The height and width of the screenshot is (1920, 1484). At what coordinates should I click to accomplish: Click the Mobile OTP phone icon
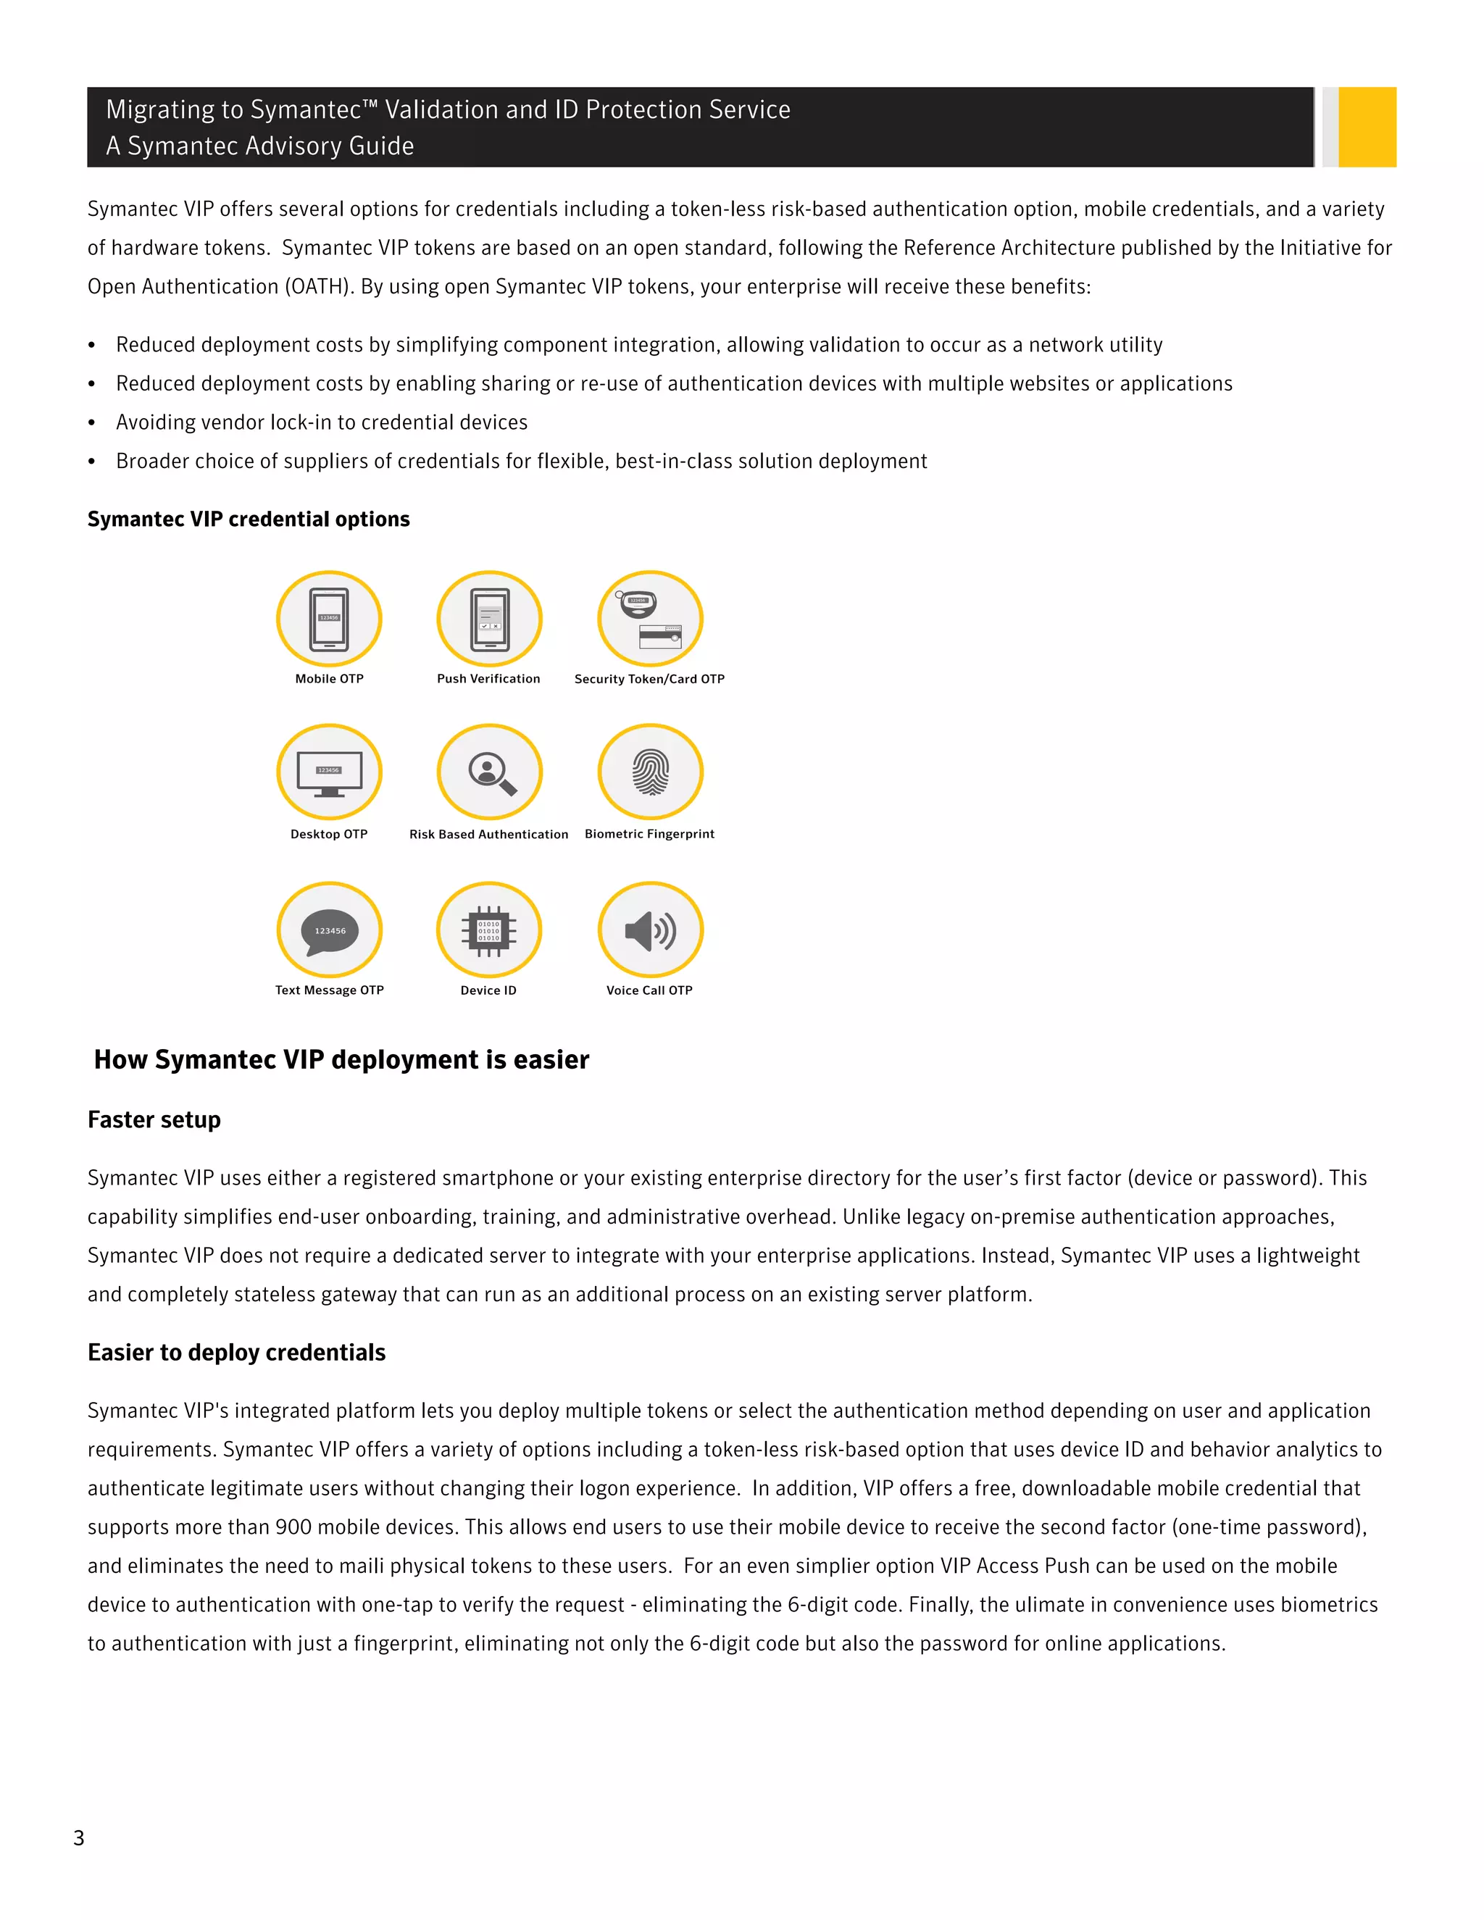(329, 619)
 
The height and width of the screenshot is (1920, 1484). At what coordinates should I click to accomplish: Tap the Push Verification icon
(489, 619)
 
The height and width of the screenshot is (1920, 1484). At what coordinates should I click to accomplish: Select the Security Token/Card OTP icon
(650, 619)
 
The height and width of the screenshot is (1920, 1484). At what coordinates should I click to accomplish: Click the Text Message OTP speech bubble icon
(329, 930)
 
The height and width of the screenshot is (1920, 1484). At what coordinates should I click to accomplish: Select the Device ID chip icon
(489, 930)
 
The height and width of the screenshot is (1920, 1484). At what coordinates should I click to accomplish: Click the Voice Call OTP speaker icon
(650, 930)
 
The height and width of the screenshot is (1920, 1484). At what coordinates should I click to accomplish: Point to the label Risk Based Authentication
(489, 834)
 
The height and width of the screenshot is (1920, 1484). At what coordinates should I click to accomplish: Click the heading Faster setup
(154, 1120)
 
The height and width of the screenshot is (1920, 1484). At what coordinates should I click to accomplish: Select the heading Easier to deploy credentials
(236, 1352)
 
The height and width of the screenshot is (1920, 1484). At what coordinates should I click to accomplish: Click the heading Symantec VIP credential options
(249, 519)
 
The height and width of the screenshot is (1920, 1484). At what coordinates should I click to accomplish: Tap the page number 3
(79, 1838)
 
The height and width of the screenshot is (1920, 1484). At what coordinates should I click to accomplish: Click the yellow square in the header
(1367, 127)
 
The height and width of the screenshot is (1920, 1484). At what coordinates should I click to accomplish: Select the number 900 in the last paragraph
(293, 1527)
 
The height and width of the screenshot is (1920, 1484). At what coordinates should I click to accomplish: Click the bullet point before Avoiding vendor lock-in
(92, 423)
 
